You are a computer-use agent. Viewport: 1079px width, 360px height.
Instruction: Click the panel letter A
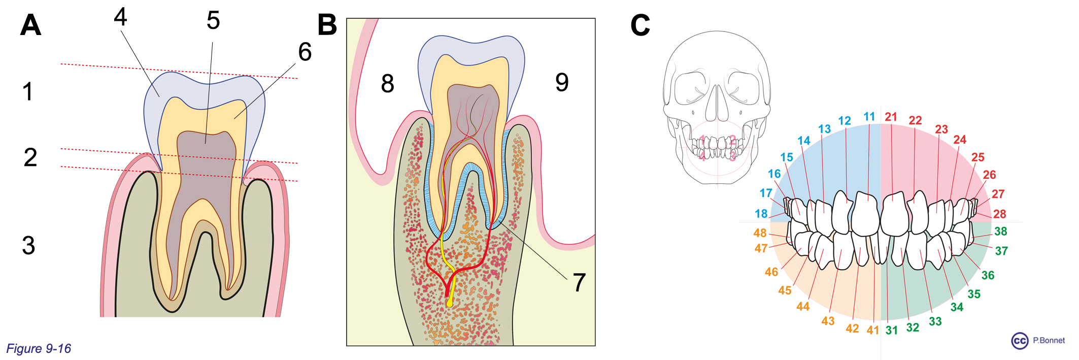tap(30, 25)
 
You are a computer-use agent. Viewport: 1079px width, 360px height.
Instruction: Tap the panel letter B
tap(327, 24)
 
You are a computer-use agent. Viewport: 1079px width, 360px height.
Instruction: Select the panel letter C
tap(640, 25)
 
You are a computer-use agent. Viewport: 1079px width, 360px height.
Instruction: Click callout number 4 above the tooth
tap(120, 17)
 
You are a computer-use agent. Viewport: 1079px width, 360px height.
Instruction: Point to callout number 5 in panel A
tap(213, 21)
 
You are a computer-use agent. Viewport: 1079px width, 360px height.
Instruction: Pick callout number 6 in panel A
tap(305, 52)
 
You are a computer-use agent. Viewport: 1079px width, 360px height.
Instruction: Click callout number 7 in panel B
tap(579, 282)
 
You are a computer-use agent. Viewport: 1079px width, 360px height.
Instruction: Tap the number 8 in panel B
tap(387, 84)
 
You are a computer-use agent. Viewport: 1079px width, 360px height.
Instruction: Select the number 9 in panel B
tap(562, 82)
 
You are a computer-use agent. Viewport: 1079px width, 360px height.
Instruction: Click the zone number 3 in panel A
tap(29, 245)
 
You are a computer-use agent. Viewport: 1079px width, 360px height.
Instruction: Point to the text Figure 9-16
tap(39, 348)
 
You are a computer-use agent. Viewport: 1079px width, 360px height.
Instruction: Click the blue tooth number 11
tap(869, 117)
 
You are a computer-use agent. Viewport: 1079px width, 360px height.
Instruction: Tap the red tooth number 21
tap(891, 117)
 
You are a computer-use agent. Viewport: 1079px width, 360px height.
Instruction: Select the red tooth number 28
tap(1000, 214)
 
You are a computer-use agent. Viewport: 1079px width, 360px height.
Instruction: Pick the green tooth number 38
tap(1001, 232)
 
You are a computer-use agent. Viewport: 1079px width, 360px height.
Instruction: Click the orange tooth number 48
tap(760, 233)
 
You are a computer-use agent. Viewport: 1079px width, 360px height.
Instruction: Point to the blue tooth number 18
tap(761, 214)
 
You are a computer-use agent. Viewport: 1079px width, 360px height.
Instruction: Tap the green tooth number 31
tap(892, 331)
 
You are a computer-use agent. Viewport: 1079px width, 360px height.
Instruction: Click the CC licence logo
tap(1020, 341)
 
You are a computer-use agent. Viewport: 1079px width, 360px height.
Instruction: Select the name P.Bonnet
tap(1049, 340)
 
